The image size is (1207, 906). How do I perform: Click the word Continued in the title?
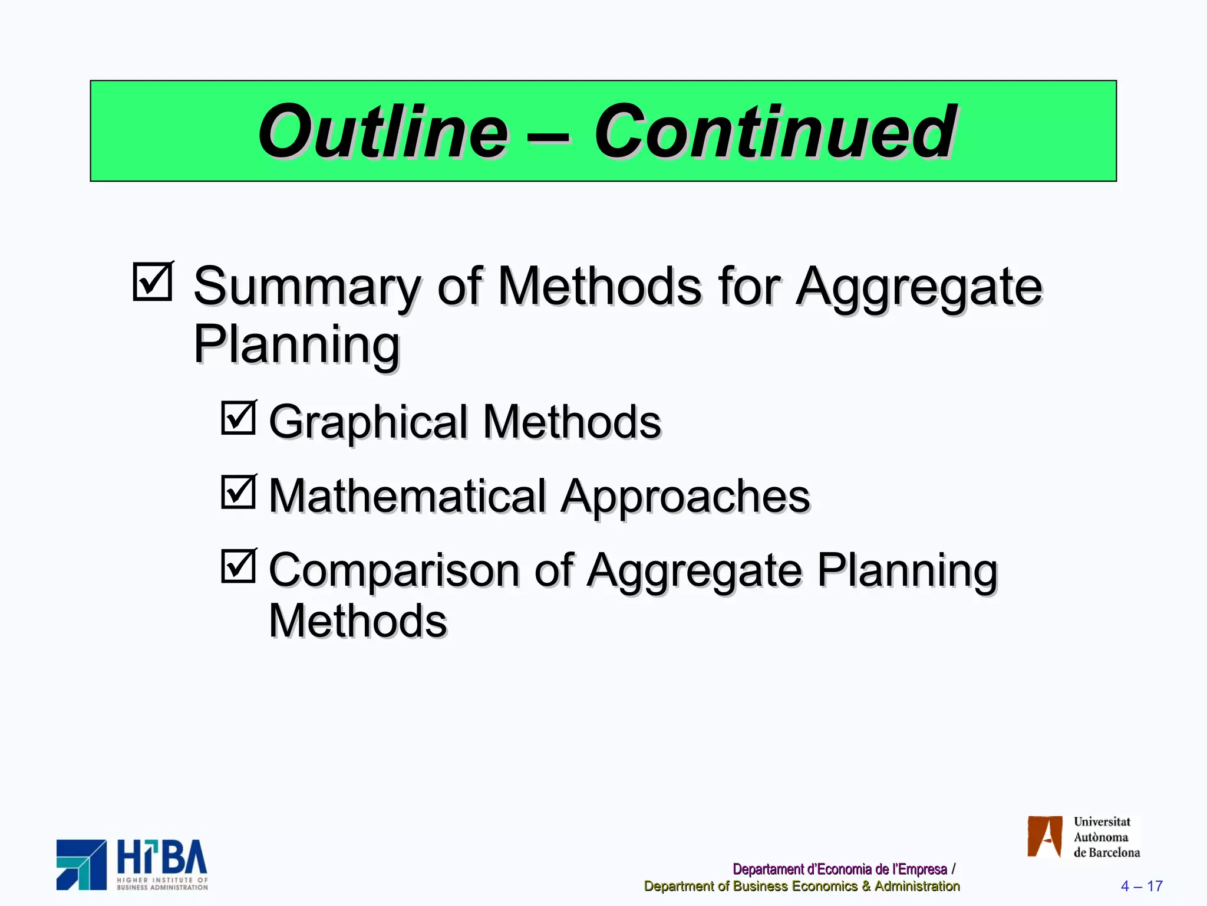tap(774, 132)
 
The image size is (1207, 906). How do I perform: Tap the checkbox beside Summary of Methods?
tap(153, 281)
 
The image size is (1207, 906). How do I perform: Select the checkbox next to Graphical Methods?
tap(239, 418)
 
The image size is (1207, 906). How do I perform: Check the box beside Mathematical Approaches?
tap(239, 492)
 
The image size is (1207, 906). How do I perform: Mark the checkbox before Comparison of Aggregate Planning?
tap(239, 566)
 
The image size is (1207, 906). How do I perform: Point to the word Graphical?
tap(368, 422)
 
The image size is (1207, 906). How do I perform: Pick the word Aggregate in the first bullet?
tap(919, 287)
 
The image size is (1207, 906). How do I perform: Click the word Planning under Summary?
tap(296, 345)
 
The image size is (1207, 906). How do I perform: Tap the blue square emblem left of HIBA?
tap(81, 865)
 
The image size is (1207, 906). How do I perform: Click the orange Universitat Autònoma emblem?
tap(1044, 836)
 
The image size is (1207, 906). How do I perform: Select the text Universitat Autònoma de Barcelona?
tap(1106, 837)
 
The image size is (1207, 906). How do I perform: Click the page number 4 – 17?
tap(1141, 886)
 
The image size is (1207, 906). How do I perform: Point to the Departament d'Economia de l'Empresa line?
tap(839, 869)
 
